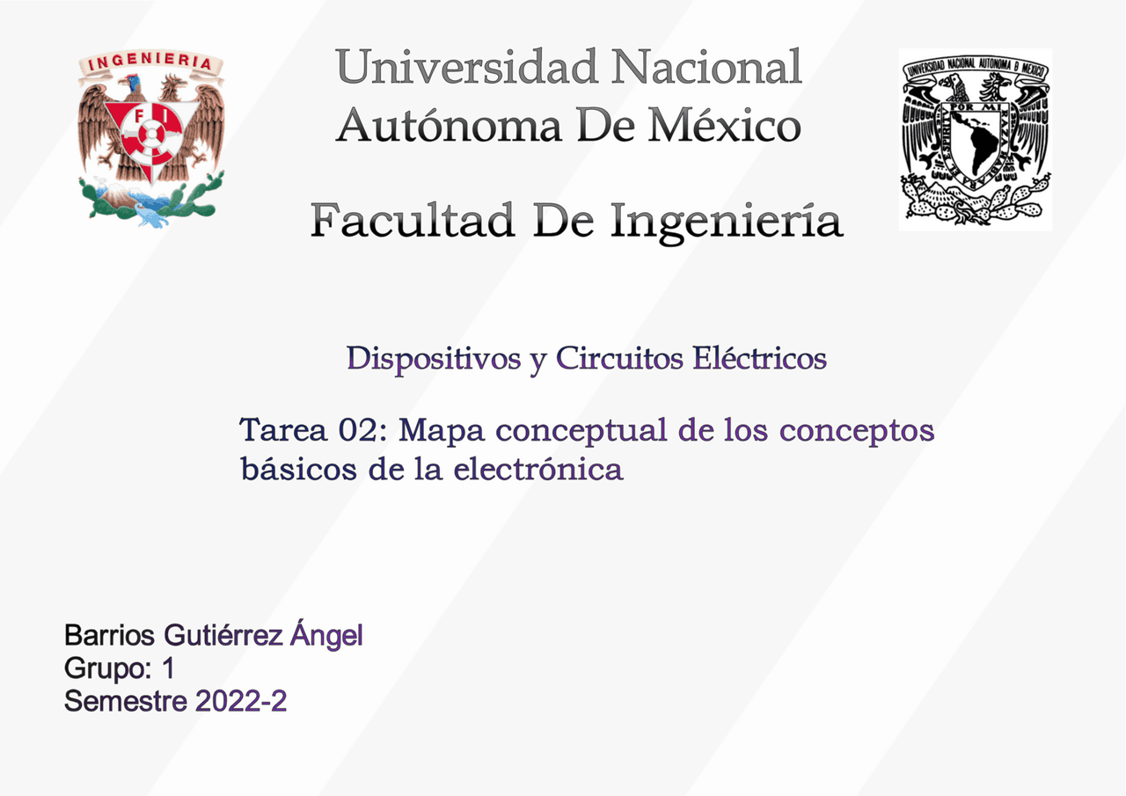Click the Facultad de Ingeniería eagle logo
click(150, 136)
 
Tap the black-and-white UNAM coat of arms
click(975, 139)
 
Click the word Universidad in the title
click(466, 69)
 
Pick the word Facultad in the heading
click(412, 220)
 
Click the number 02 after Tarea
click(363, 432)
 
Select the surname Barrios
click(110, 635)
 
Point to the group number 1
click(167, 668)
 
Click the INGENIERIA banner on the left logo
click(150, 64)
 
